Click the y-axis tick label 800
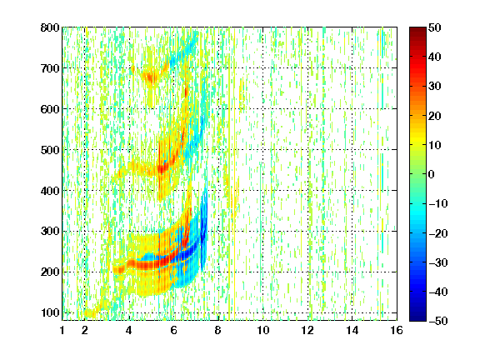50,27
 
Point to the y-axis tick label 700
50,68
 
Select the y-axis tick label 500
50,150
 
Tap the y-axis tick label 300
50,232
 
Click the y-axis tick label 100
50,312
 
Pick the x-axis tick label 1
62,330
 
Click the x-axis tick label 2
85,330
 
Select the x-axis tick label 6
174,330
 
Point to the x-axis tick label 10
263,330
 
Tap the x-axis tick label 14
352,330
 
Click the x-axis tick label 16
397,330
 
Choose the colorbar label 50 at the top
435,27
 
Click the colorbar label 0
432,174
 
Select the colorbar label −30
438,262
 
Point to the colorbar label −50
438,321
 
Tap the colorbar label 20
435,116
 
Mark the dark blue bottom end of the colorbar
417,318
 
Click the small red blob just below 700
150,77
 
